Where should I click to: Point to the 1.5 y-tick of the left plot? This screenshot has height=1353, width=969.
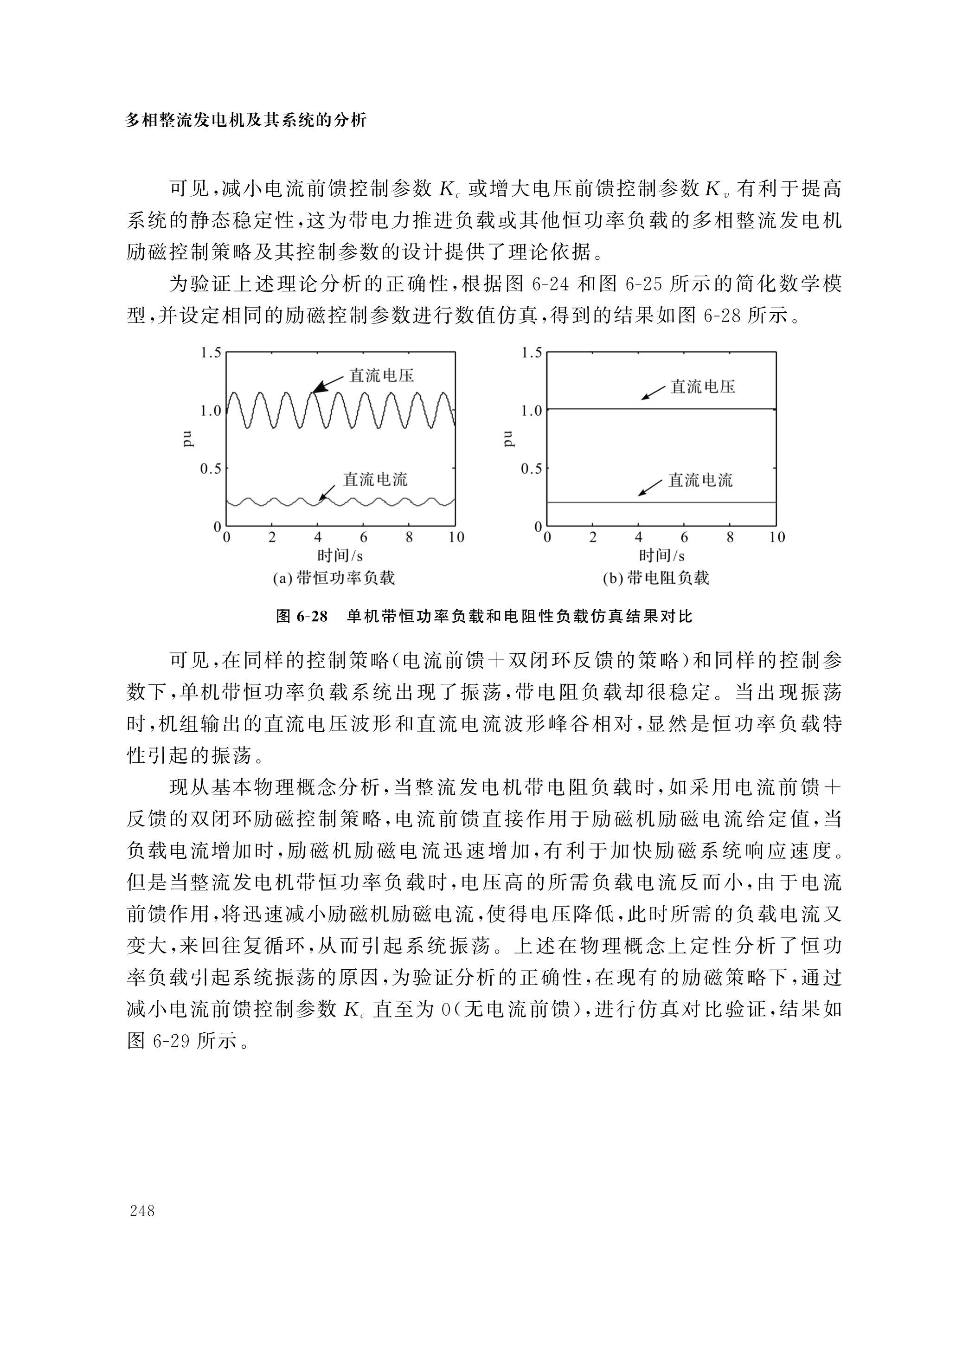pyautogui.click(x=211, y=353)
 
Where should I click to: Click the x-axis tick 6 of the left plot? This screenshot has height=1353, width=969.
pyautogui.click(x=363, y=537)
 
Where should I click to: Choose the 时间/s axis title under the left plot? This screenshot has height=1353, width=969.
pyautogui.click(x=340, y=556)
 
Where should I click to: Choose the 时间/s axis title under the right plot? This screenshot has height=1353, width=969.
pyautogui.click(x=661, y=556)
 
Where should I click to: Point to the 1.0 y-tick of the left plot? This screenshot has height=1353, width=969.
pyautogui.click(x=211, y=411)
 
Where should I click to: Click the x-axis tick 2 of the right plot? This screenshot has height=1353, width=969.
pyautogui.click(x=593, y=537)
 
